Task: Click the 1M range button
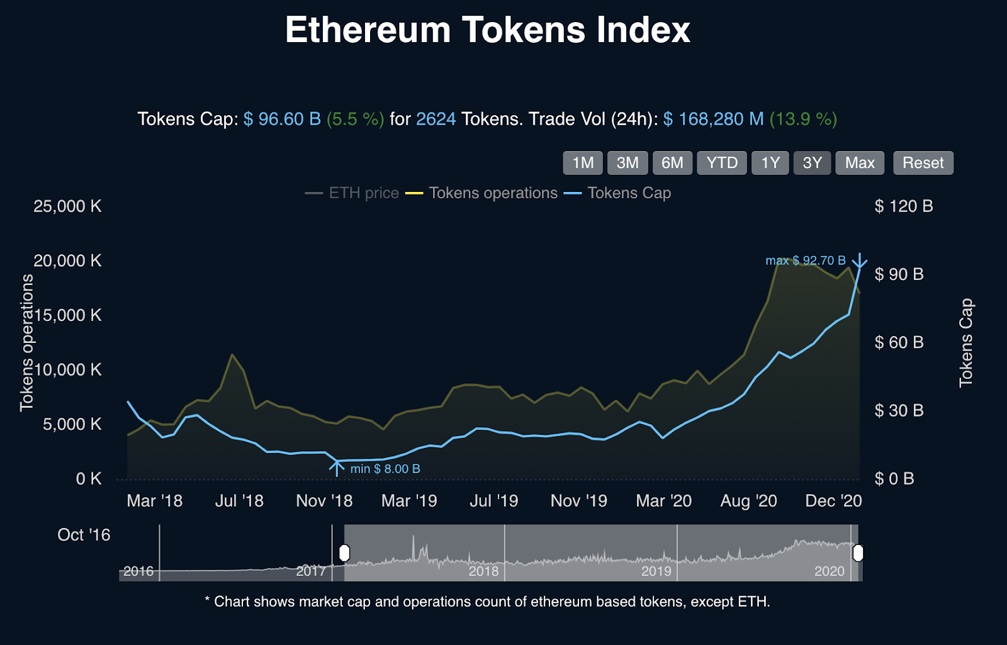583,163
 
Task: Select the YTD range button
721,163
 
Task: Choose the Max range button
860,163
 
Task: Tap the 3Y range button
812,163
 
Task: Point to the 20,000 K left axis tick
67,261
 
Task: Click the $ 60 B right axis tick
899,342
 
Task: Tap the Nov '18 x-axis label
324,501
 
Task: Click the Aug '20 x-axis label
748,501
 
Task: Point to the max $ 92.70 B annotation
805,261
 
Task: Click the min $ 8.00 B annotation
385,469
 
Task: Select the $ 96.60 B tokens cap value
282,119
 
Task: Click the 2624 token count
436,119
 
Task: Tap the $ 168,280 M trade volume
713,119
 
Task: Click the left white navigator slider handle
344,553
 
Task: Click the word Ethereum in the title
368,30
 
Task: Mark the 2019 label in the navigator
656,571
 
